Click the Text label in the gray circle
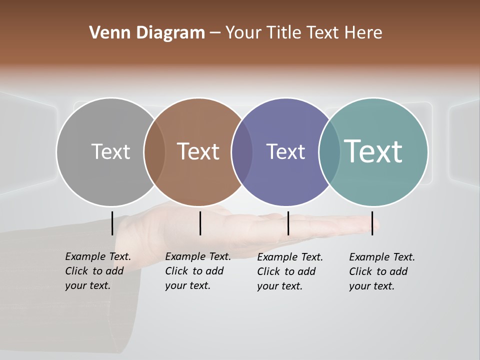tap(110, 151)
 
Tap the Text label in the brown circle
tap(198, 151)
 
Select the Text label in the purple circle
tap(285, 151)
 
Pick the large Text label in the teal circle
tap(373, 151)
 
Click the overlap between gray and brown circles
tap(154, 152)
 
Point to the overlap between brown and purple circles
tap(242, 152)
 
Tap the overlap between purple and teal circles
tap(329, 152)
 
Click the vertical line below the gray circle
tap(112, 223)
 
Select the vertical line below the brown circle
tap(200, 223)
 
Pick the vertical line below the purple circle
tap(288, 223)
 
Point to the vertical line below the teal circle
tap(372, 223)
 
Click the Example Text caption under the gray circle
tap(97, 271)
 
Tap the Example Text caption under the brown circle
tap(197, 271)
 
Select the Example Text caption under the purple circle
tap(289, 271)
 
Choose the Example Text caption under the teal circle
tap(381, 271)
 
